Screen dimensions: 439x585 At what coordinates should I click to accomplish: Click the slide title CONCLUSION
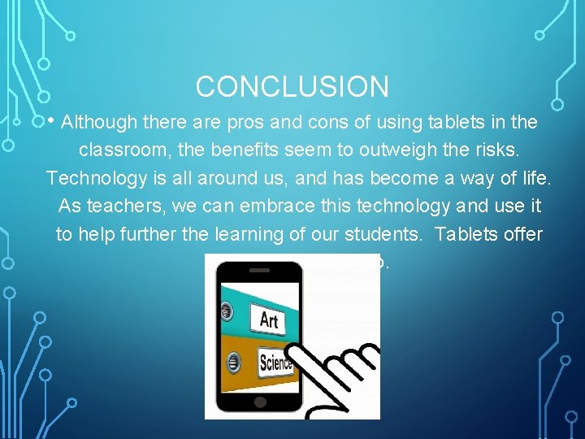click(x=292, y=86)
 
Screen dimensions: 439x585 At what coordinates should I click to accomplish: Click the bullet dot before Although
click(x=50, y=121)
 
